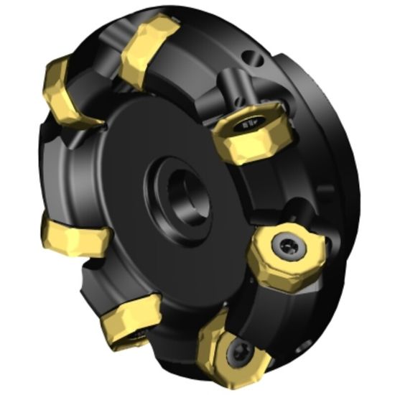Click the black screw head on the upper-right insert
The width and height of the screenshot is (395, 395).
[x=248, y=124]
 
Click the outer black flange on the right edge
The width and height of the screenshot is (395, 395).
[x=345, y=215]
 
